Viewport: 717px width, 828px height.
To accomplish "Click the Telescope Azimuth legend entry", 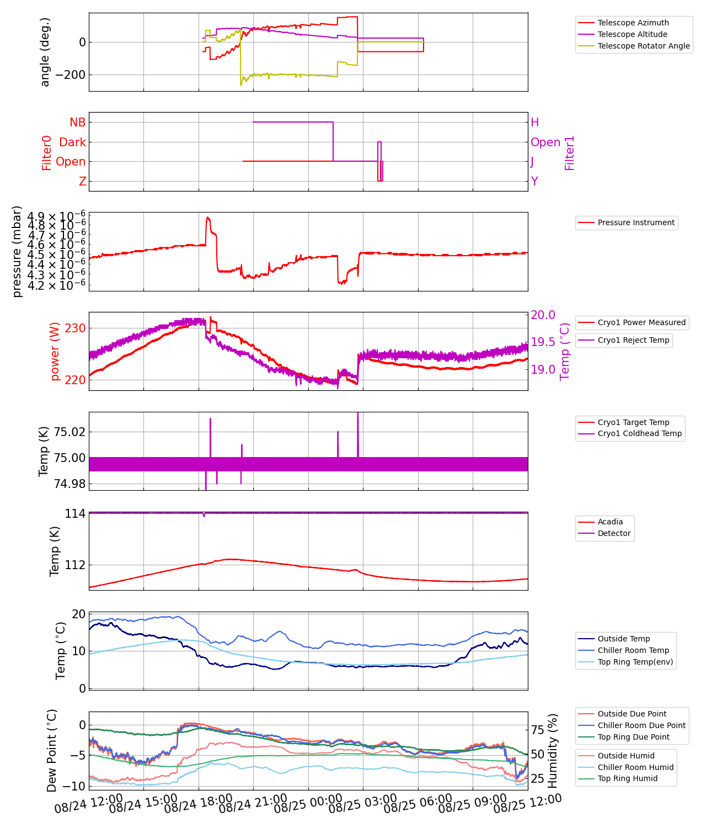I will coord(633,23).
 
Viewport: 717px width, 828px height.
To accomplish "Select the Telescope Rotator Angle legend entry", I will coord(643,46).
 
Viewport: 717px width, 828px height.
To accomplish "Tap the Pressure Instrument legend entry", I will coord(635,222).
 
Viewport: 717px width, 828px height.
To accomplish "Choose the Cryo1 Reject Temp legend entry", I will coord(633,340).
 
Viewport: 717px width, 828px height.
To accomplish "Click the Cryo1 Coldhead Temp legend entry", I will coord(639,433).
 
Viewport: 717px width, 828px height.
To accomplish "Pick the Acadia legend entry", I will coord(610,522).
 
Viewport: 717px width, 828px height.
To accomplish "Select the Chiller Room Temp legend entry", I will coord(633,650).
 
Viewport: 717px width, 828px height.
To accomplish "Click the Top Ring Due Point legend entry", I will coord(633,737).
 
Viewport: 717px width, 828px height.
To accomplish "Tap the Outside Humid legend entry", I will coord(626,756).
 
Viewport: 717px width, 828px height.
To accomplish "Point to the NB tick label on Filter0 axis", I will coord(77,123).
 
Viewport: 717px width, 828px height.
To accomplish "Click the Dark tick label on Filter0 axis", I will coord(72,142).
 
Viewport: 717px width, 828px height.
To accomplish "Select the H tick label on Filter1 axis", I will coord(534,123).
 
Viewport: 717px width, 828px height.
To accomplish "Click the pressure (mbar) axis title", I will coord(17,252).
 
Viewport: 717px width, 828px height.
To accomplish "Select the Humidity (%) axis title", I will coord(553,750).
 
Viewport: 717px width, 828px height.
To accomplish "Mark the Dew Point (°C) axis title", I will coord(52,750).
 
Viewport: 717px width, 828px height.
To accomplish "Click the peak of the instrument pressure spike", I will coord(207,217).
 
